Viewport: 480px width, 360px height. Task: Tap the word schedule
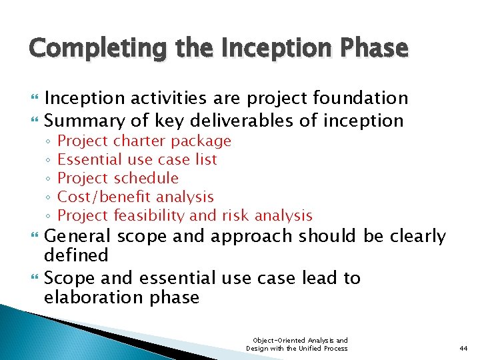point(146,178)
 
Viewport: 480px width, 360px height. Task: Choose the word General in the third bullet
point(75,237)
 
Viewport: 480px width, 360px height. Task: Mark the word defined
point(76,255)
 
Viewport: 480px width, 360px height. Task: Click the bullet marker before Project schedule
point(50,179)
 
